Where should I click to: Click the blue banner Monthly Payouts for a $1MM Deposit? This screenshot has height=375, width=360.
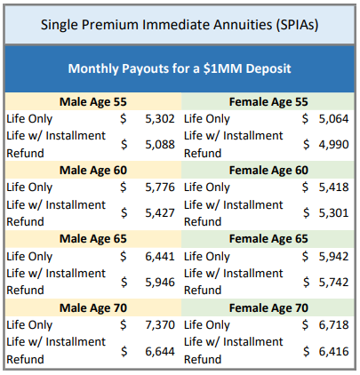click(x=180, y=68)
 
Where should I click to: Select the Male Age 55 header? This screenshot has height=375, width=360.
click(x=93, y=100)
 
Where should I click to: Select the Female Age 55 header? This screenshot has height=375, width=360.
click(x=268, y=100)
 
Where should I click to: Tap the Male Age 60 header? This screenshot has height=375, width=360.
click(x=93, y=170)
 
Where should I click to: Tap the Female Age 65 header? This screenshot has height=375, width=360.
click(x=268, y=239)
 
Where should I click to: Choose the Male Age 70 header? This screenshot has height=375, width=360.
click(x=93, y=308)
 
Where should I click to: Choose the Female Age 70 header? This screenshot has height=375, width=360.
click(x=268, y=308)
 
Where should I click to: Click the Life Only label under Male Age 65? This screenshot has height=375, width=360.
click(x=29, y=257)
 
